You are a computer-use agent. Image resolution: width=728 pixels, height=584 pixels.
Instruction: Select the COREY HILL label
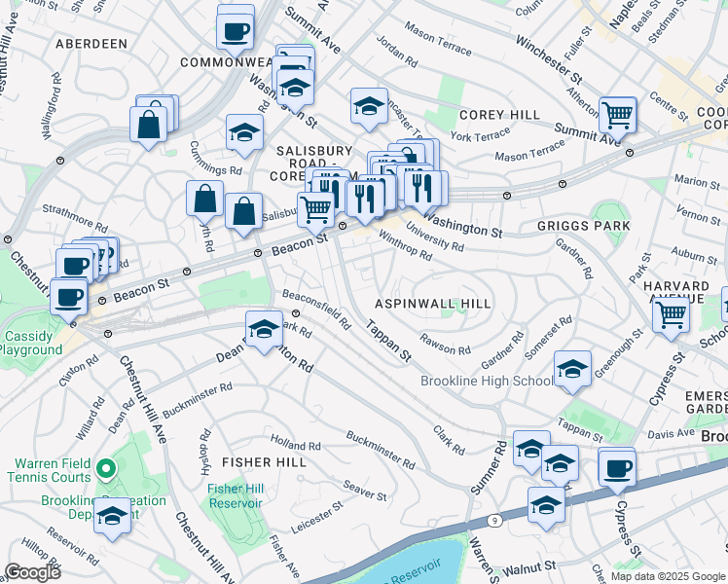500,115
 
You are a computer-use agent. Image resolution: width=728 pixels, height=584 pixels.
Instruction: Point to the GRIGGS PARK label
583,226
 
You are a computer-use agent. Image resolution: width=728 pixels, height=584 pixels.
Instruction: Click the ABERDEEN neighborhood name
91,44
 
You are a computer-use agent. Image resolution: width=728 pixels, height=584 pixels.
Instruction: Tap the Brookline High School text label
487,381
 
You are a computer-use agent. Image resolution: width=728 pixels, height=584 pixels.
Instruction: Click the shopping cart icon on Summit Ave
618,115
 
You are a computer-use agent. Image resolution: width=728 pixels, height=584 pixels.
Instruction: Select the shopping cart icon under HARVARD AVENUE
670,314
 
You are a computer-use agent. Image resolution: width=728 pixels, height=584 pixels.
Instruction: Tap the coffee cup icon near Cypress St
616,468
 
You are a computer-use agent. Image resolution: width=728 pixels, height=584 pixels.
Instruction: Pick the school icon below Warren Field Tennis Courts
113,516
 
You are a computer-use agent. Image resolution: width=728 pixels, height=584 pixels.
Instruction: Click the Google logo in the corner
32,571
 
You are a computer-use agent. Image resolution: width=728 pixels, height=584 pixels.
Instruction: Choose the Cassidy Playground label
31,342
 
